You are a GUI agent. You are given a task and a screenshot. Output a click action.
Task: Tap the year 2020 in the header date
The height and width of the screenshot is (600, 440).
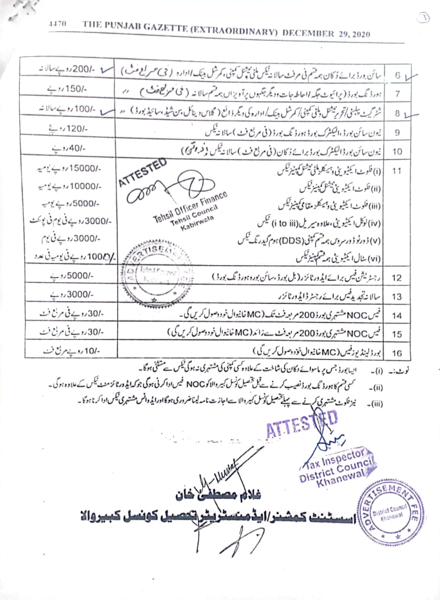(x=359, y=34)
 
